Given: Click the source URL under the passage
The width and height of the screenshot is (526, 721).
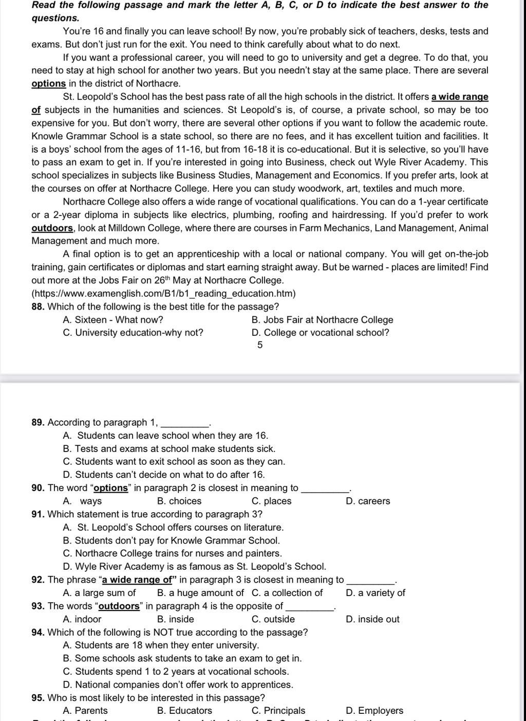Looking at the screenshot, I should [163, 294].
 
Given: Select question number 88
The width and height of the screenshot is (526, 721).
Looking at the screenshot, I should [39, 307].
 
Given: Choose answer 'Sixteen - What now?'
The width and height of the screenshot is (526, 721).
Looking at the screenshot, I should [113, 320].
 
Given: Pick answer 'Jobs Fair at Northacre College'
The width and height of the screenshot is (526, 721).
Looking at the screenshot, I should [323, 320].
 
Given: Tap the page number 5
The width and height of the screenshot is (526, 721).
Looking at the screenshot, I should [260, 345].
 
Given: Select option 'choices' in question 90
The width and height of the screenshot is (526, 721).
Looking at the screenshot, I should [179, 501].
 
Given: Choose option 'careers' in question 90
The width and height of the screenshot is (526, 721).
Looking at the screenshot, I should [368, 501].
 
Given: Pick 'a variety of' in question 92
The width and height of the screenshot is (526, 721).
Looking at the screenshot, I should [376, 593].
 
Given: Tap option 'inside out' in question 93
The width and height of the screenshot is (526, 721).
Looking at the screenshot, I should [373, 619].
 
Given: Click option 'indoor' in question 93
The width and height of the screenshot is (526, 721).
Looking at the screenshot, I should [82, 619].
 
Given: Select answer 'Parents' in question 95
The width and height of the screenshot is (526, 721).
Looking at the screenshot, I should [85, 711].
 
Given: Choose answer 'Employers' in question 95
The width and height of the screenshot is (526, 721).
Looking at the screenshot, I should [375, 711].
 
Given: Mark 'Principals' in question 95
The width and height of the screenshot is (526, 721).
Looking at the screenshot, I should [278, 711].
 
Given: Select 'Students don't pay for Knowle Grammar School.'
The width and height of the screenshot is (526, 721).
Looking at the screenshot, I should [172, 540].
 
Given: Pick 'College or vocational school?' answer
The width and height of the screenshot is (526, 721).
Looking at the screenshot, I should [321, 333].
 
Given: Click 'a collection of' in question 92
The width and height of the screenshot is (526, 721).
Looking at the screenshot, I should [288, 593].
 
